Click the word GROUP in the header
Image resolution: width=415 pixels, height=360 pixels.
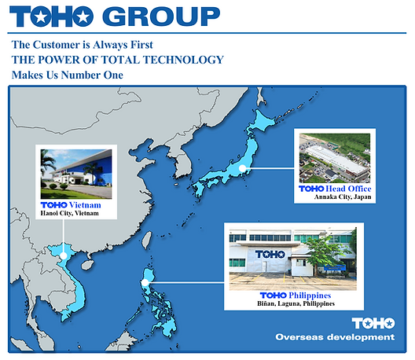tap(161, 16)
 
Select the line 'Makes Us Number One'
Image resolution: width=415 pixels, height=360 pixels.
tap(67, 75)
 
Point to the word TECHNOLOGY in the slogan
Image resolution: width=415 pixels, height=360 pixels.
tap(185, 60)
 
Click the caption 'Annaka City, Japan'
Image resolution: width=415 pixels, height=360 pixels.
tap(336, 198)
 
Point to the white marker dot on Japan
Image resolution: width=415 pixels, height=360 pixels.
tap(243, 167)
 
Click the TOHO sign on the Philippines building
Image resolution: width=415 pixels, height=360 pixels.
tap(269, 255)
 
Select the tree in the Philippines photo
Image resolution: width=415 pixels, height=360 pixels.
tap(325, 252)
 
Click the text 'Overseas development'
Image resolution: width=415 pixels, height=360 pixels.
tap(334, 337)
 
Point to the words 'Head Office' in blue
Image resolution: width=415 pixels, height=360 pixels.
tap(348, 189)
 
